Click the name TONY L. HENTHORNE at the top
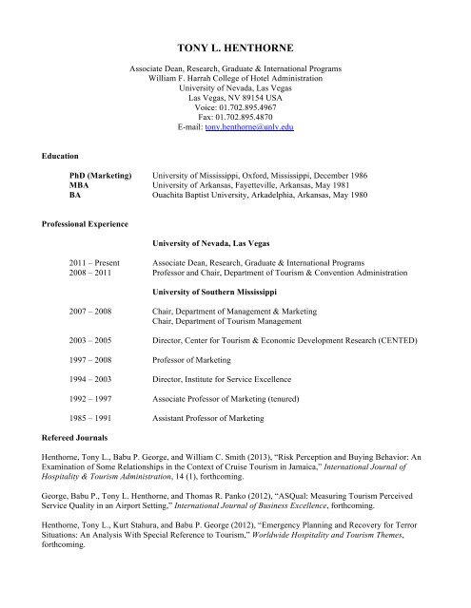pyautogui.click(x=235, y=45)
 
